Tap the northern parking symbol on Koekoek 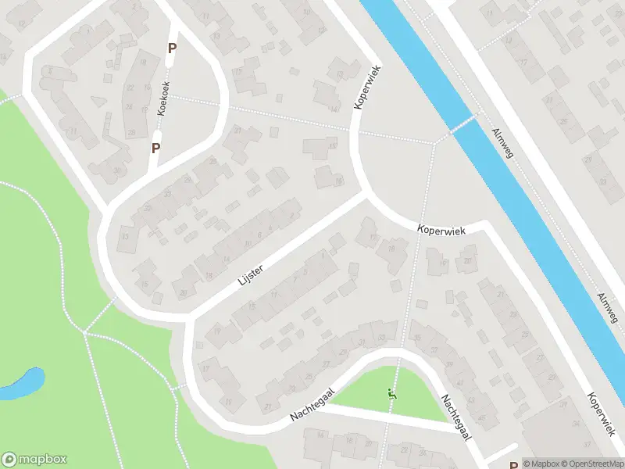(x=172, y=48)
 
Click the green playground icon (x=391, y=395)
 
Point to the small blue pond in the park (x=23, y=384)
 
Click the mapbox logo (x=34, y=460)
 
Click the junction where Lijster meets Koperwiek (x=364, y=193)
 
